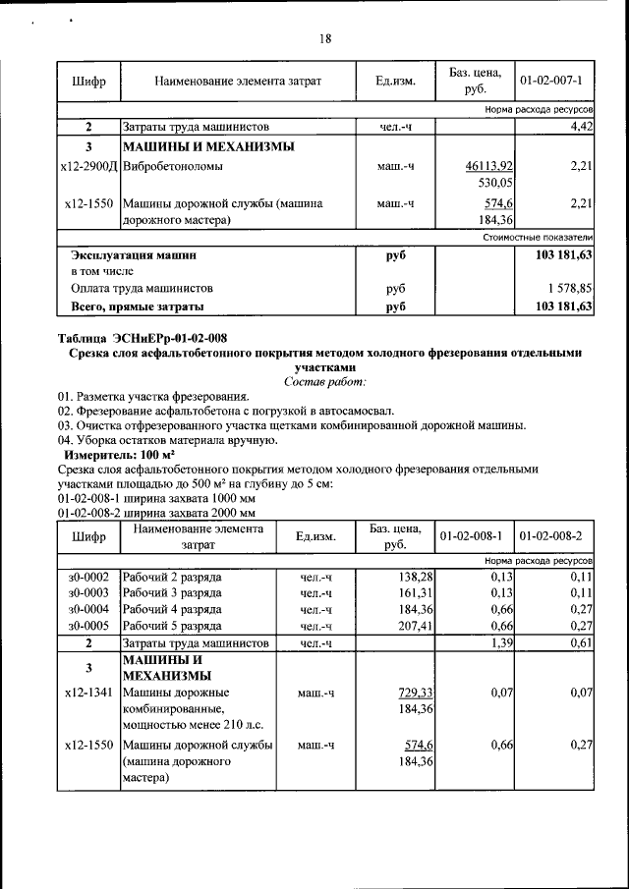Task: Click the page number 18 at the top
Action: (325, 39)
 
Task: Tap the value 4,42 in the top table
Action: (579, 127)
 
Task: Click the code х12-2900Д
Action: (88, 167)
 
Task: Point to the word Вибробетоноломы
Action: (173, 167)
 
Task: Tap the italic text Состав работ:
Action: (324, 380)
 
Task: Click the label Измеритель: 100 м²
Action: (119, 456)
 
